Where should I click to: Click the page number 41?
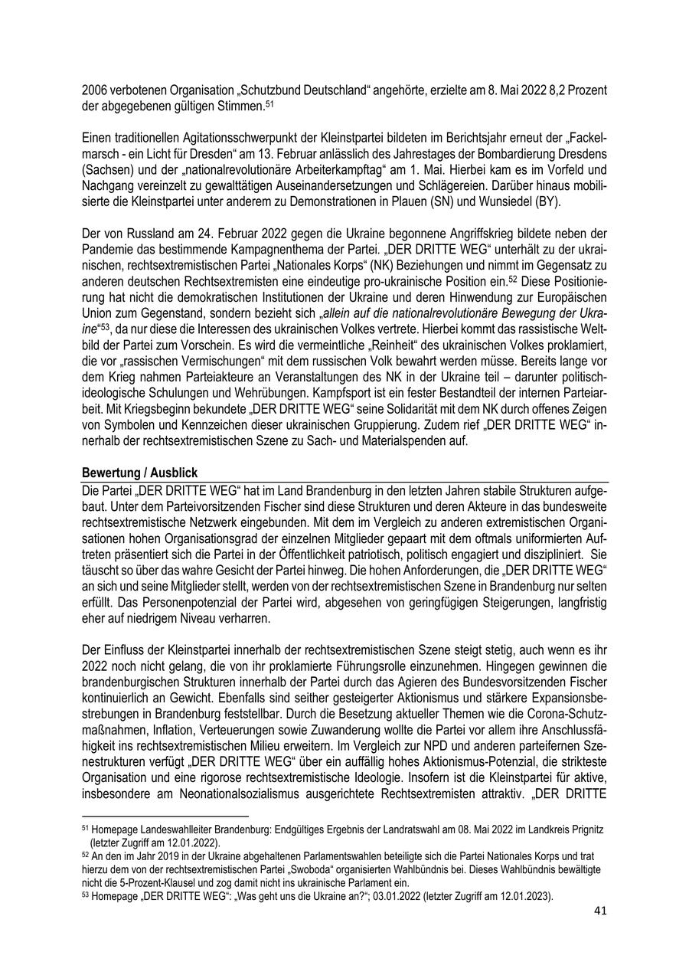600,911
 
